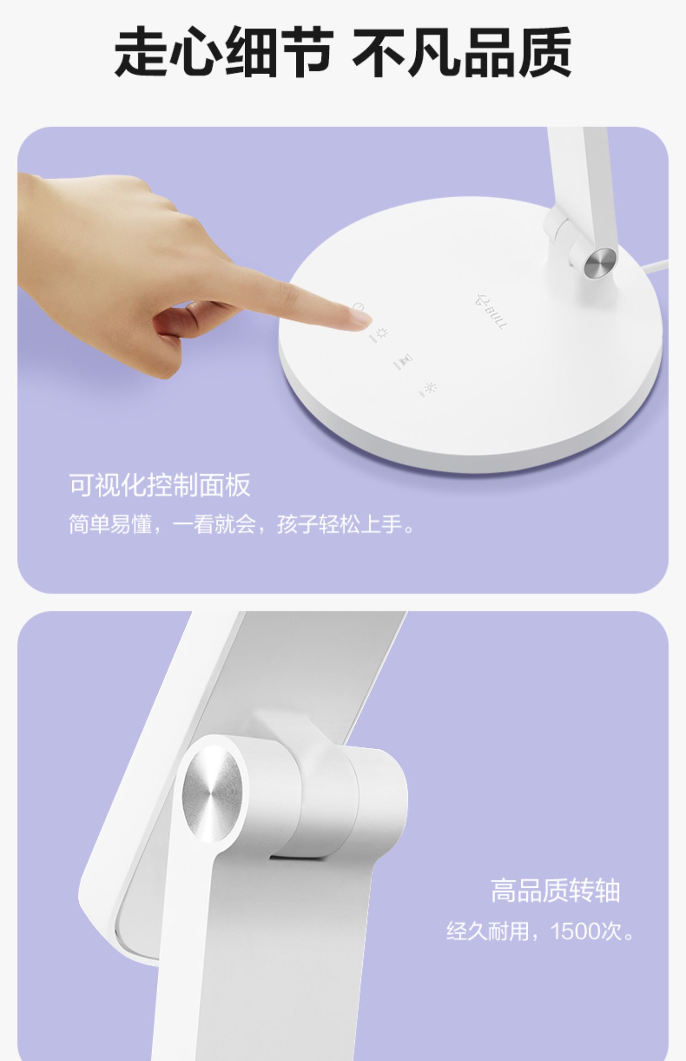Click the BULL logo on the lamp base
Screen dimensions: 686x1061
(x=490, y=312)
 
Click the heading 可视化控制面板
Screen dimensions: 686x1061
(x=160, y=484)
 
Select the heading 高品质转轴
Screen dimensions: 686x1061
(x=556, y=890)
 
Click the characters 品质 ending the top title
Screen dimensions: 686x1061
(x=517, y=51)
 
